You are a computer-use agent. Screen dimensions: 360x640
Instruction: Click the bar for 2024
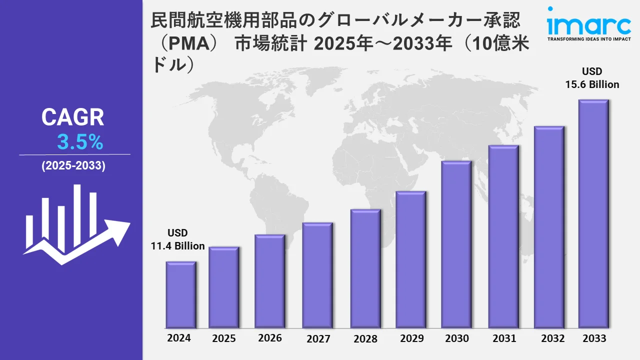click(x=180, y=294)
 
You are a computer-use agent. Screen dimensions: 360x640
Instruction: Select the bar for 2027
click(x=317, y=275)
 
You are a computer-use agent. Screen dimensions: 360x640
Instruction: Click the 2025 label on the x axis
click(x=223, y=338)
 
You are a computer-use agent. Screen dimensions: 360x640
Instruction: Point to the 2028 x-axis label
click(x=365, y=338)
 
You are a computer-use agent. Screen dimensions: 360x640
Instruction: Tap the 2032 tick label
click(x=553, y=338)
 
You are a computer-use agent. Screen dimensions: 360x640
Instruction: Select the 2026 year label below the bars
click(x=270, y=338)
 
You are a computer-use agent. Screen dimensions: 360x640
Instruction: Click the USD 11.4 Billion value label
click(x=177, y=239)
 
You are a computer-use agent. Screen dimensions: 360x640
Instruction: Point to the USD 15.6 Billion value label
click(x=592, y=78)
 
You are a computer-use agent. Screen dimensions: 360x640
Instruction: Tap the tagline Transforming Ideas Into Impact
click(x=589, y=38)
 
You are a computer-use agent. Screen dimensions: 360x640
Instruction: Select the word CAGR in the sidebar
click(x=72, y=117)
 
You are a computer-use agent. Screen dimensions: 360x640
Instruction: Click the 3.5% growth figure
click(x=80, y=142)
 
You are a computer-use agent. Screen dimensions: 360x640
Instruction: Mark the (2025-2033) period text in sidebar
click(x=73, y=166)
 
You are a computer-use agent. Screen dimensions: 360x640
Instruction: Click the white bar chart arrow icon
click(x=75, y=225)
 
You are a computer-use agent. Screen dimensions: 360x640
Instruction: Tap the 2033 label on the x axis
click(x=594, y=338)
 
